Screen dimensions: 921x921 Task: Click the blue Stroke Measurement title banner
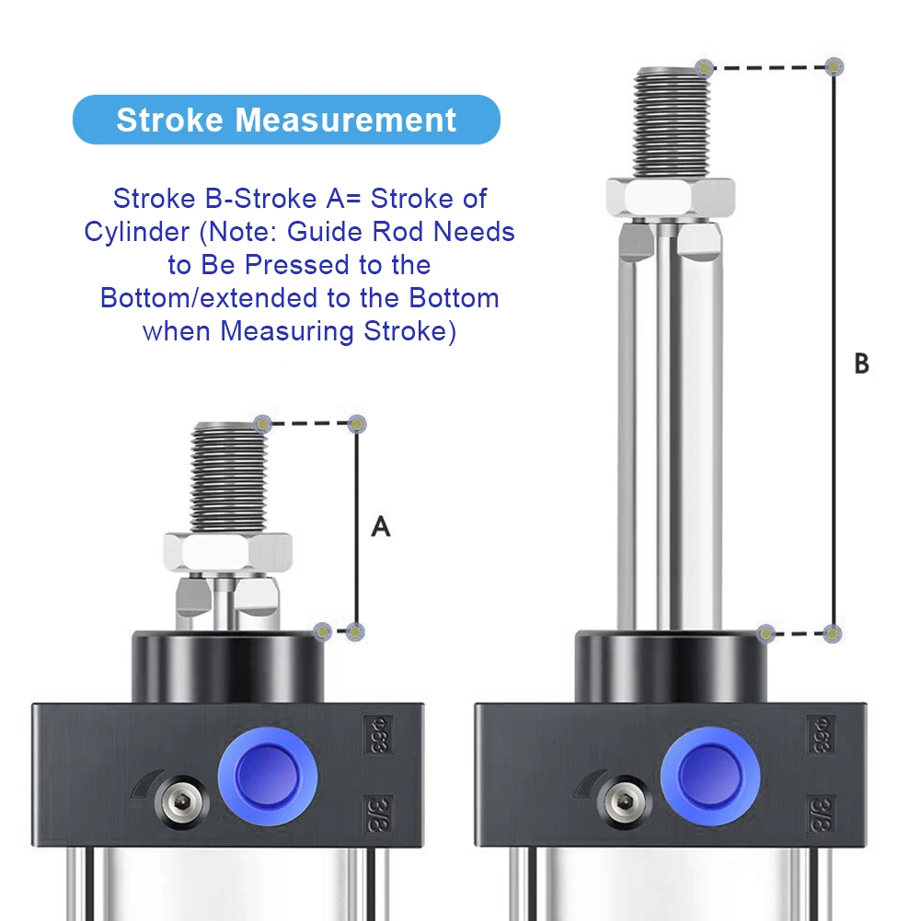pos(286,120)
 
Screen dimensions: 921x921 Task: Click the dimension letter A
pos(381,526)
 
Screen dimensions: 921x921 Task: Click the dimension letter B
pos(862,363)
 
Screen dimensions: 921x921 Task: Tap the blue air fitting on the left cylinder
pos(268,776)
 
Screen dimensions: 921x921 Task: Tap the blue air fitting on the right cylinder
pos(710,776)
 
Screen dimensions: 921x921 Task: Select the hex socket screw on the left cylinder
pos(181,801)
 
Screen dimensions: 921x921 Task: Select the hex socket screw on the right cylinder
pos(624,801)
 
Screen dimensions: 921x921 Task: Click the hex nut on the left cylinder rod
pos(228,551)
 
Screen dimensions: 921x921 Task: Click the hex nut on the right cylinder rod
pos(670,197)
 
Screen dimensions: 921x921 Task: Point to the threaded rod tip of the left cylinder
pos(229,477)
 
